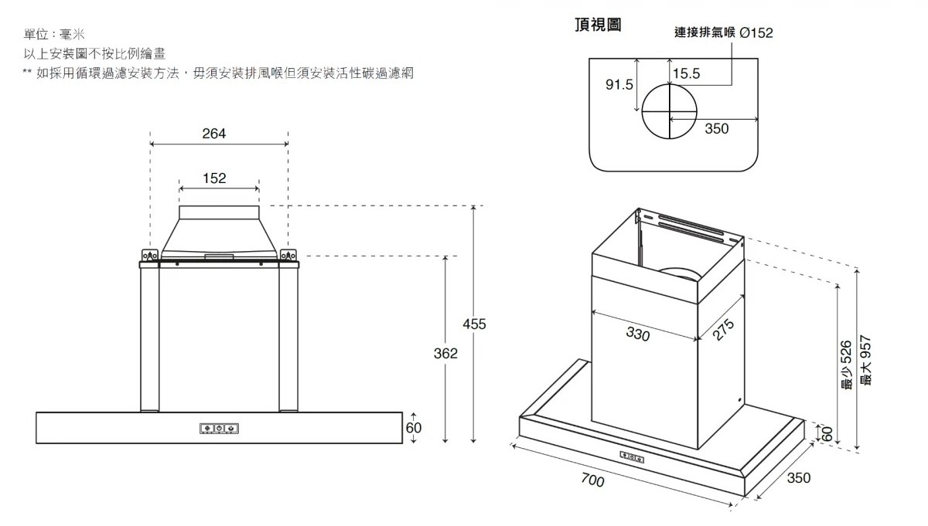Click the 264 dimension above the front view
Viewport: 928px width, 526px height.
pos(214,134)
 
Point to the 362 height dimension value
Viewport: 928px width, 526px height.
pos(445,353)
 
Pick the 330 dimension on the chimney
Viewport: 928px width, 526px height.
pos(637,334)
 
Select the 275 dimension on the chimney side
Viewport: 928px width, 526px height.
pos(722,330)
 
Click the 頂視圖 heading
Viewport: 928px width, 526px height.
pos(598,25)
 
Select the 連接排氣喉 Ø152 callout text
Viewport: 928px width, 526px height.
pos(723,32)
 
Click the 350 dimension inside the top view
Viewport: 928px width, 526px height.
pos(717,129)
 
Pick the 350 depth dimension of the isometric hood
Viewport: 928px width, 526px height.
pos(798,478)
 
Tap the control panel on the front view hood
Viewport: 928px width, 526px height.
pos(220,428)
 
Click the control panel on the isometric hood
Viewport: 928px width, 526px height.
pos(633,457)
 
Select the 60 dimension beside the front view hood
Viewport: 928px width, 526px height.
pos(414,428)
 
